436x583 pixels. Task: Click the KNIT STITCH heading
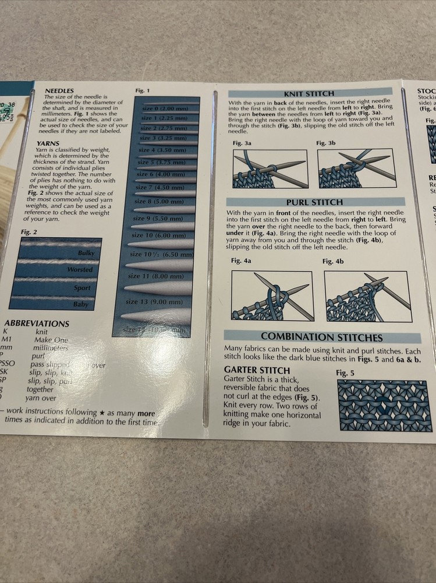click(x=309, y=93)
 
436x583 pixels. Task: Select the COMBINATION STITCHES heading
click(x=322, y=337)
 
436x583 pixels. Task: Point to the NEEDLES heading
click(x=59, y=91)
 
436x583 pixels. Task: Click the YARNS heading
click(x=48, y=143)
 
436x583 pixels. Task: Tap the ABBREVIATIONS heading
click(x=37, y=324)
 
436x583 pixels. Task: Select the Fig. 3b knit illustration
click(x=356, y=168)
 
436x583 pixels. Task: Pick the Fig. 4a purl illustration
click(x=272, y=296)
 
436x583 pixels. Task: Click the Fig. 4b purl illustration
click(x=367, y=296)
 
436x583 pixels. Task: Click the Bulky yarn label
click(x=85, y=254)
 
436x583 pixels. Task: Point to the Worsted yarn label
click(x=80, y=270)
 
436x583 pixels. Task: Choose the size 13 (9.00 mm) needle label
click(x=154, y=302)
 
